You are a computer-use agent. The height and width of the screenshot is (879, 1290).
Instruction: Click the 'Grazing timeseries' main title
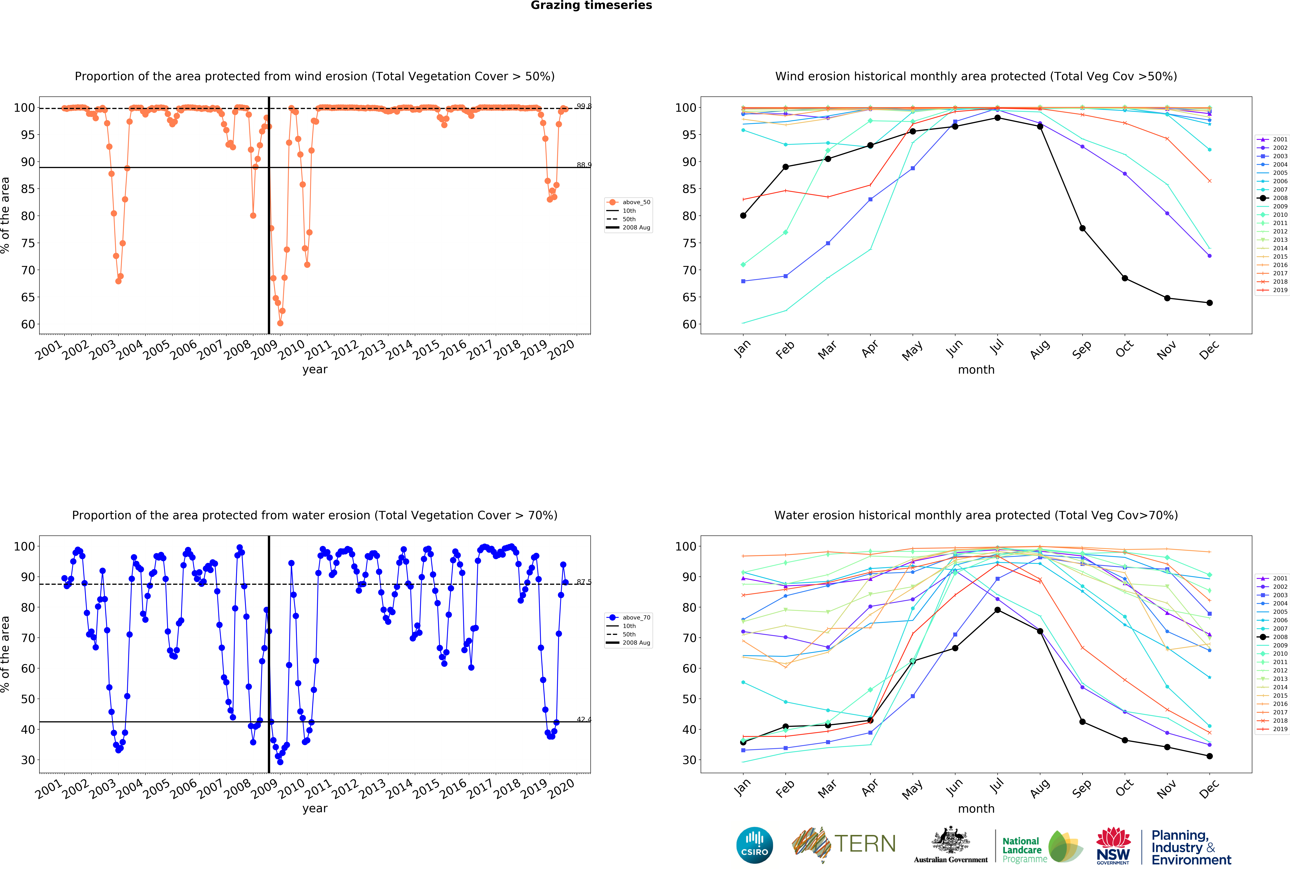click(591, 6)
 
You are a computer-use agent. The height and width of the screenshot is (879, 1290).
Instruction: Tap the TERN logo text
click(865, 844)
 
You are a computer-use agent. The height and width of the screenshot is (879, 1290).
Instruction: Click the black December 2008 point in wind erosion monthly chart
click(1209, 303)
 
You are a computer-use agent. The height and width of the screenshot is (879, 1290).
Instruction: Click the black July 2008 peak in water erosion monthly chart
click(998, 610)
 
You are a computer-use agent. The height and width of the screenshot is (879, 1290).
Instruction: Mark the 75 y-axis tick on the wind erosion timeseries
click(28, 243)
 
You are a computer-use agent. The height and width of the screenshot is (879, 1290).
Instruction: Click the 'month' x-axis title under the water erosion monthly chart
click(976, 809)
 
